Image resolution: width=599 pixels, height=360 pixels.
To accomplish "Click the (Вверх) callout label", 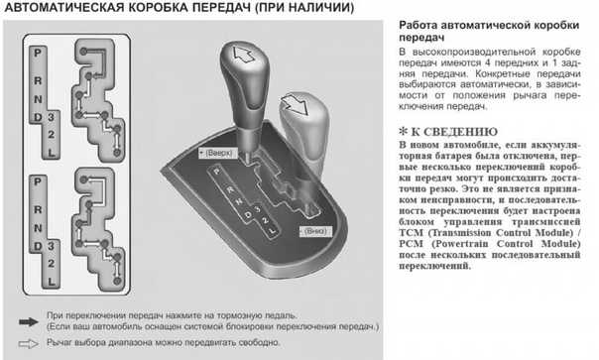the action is coord(218,153).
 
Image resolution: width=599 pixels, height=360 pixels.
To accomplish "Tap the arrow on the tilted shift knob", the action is coord(295,104).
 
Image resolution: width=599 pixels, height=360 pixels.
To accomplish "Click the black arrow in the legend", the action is coord(29,322).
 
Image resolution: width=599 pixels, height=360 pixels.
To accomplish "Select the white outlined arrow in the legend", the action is coord(29,344).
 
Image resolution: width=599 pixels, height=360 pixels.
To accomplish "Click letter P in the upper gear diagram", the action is coord(38,53).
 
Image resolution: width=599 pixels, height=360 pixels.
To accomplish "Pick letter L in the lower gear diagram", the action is coord(52,282).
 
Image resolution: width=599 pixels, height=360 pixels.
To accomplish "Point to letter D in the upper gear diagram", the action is coord(38,117).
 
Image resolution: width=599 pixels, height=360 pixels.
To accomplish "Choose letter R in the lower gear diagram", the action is coord(38,209).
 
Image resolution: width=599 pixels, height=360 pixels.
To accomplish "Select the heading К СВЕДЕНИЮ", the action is coord(454,132).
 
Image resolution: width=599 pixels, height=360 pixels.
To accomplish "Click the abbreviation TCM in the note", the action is coord(411,233).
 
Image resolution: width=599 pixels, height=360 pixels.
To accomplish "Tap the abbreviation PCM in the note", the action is coord(411,244).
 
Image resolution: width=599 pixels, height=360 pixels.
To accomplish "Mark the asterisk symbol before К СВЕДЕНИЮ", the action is coord(403,132).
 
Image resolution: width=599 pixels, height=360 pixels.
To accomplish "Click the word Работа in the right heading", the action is coord(418,25).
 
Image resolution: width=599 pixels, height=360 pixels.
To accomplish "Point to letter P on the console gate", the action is coord(217,172).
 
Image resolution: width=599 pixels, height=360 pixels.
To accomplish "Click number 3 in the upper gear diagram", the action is coord(51,117).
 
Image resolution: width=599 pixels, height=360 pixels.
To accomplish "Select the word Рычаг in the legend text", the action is coord(60,343).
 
